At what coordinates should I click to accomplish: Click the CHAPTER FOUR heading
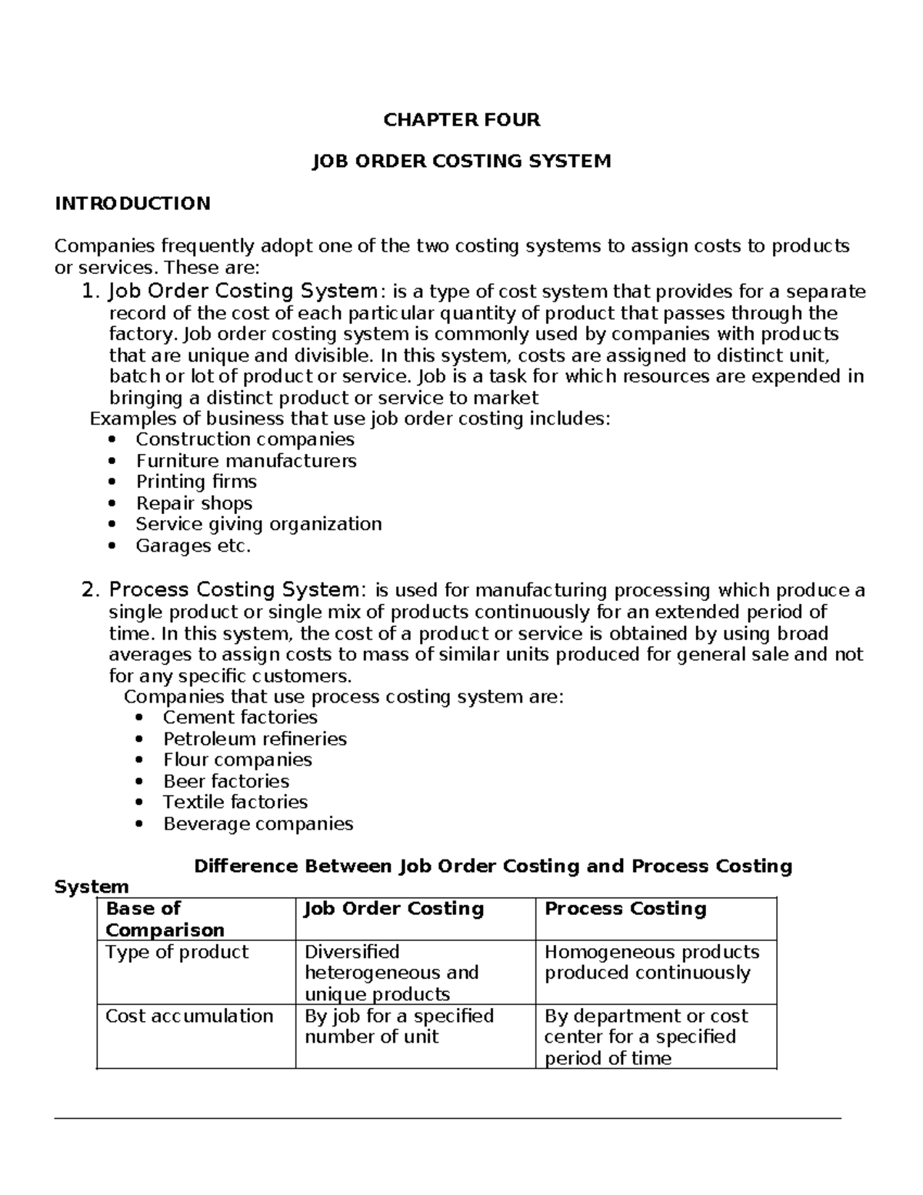tap(461, 119)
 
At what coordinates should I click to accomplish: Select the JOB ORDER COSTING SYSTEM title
tap(461, 161)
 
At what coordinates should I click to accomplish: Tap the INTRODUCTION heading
tap(132, 203)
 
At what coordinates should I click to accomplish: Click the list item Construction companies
tap(245, 439)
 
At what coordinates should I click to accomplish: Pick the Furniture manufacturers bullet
tap(246, 461)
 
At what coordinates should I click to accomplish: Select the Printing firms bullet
tap(196, 482)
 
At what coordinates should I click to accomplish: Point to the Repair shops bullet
tap(194, 503)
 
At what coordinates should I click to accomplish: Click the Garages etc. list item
tap(193, 546)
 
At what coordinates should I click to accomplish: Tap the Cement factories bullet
tap(240, 717)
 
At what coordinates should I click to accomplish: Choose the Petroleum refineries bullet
tap(255, 739)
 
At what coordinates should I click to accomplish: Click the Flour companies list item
tap(237, 759)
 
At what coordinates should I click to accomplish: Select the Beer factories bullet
tap(226, 781)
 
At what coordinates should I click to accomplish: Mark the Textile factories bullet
tap(235, 802)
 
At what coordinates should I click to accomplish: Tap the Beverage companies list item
tap(258, 823)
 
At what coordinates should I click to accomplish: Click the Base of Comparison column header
tap(165, 919)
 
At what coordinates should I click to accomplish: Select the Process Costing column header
tap(625, 909)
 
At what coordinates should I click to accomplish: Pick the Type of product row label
tap(177, 952)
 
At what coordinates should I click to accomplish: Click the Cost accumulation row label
tap(189, 1016)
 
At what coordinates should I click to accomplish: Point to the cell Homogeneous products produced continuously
tap(651, 962)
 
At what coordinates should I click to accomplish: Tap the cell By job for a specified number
tap(398, 1026)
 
